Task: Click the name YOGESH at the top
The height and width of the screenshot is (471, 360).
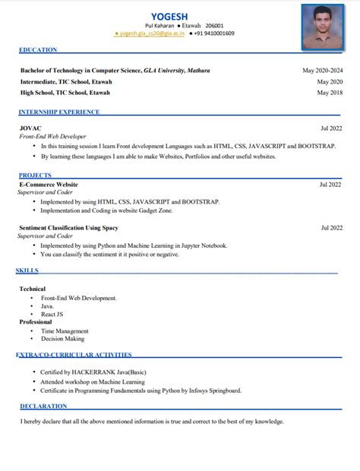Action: point(169,17)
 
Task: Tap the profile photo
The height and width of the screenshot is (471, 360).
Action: point(322,25)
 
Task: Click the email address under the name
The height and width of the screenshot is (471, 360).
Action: point(149,34)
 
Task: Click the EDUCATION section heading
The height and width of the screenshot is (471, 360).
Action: point(38,50)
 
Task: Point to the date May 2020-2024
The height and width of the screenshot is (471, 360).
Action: point(322,70)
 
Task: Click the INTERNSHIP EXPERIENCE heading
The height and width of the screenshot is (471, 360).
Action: point(59,112)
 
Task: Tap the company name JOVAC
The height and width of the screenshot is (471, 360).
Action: point(30,128)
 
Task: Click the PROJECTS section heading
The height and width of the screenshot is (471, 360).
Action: point(35,175)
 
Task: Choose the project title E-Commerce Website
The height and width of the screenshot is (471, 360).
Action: point(49,185)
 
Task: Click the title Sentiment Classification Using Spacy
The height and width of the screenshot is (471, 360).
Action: point(68,227)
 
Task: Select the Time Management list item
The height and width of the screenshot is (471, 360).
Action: point(65,331)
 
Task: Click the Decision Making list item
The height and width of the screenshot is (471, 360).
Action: point(62,339)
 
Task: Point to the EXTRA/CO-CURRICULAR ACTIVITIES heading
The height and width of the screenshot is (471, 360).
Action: point(74,355)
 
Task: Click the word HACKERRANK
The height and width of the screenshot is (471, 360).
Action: point(93,372)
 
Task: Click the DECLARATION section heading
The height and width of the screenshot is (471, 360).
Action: point(44,407)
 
